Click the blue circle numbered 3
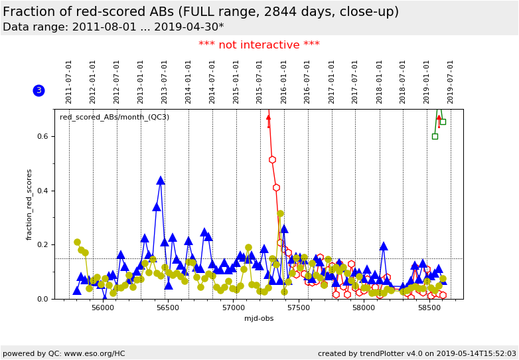[x=38, y=90]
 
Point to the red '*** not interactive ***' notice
[x=259, y=45]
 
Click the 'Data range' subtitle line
[x=113, y=27]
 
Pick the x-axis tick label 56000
[x=103, y=308]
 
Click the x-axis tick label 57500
[x=298, y=308]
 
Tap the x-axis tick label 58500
[x=428, y=308]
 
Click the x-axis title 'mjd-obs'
[x=259, y=318]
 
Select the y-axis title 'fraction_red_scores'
[x=29, y=204]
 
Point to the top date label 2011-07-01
[x=69, y=82]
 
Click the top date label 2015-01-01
[x=236, y=82]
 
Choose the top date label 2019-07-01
[x=451, y=82]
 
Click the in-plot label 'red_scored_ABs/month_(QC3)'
[x=114, y=118]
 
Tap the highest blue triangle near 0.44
[x=161, y=180]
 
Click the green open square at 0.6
[x=435, y=136]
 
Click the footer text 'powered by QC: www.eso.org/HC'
[x=64, y=353]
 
